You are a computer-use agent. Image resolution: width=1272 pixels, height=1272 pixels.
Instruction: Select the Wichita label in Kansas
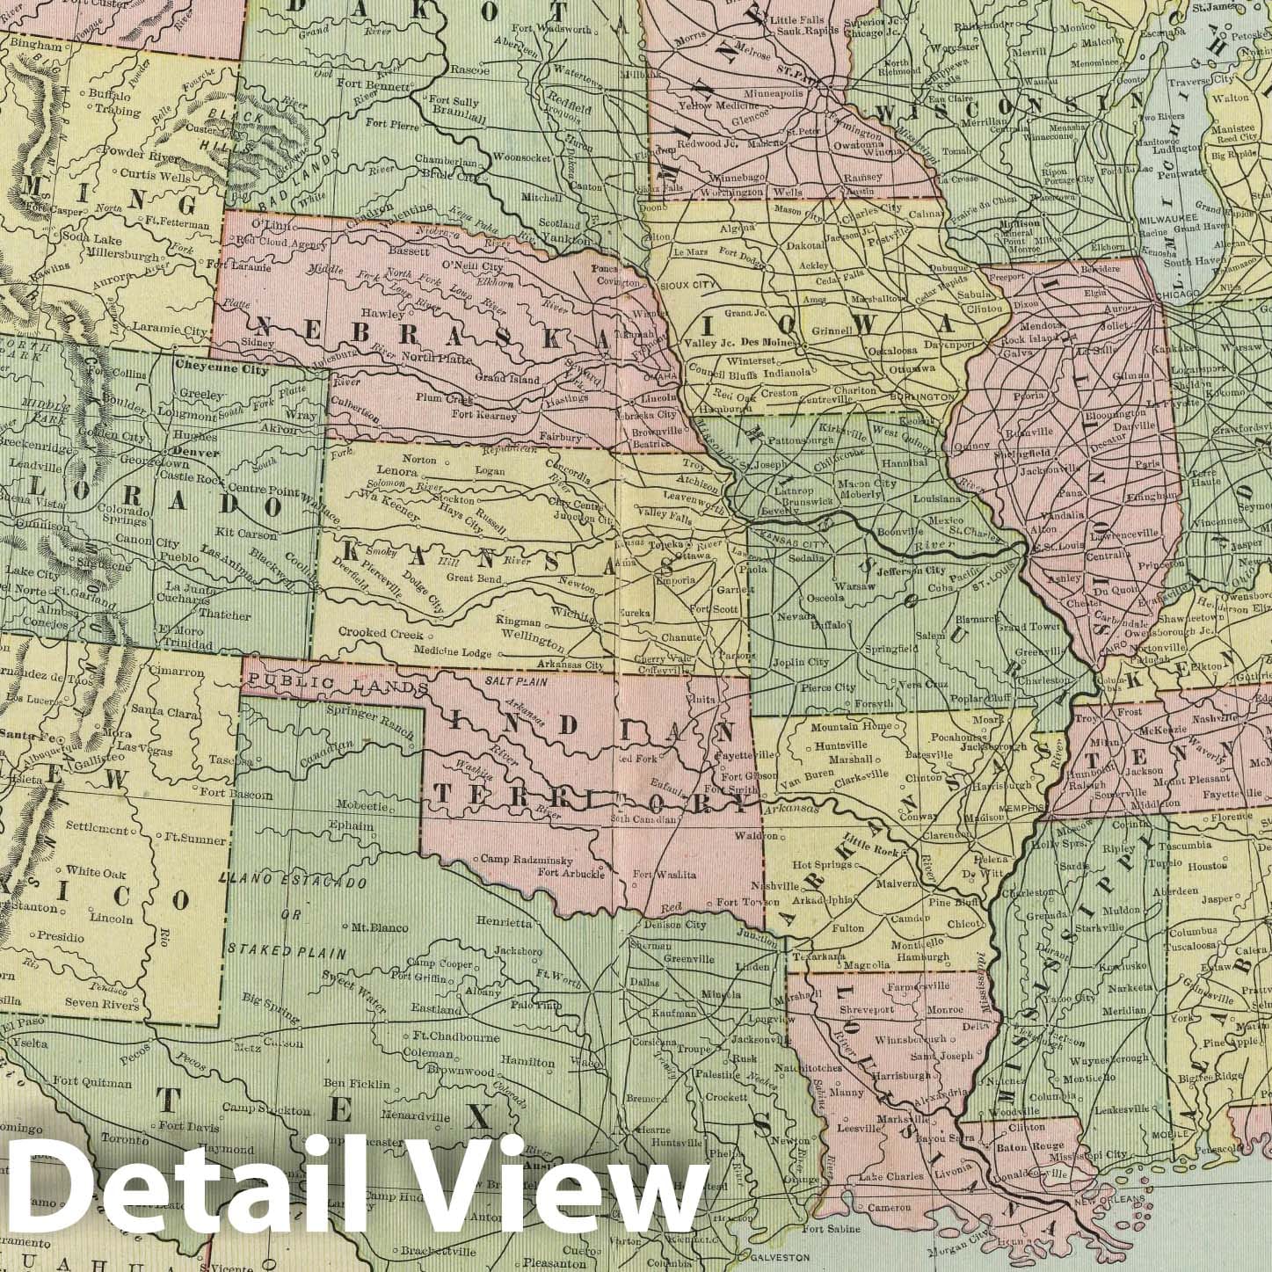point(570,611)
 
